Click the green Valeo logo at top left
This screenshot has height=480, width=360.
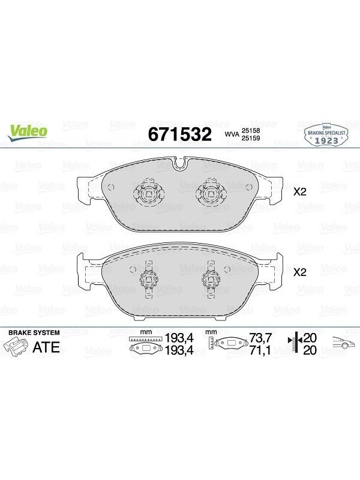28,133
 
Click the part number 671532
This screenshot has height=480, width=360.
179,134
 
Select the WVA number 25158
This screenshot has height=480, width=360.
251,131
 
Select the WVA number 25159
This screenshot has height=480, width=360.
251,138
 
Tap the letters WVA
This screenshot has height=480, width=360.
232,134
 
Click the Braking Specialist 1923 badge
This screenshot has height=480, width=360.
326,135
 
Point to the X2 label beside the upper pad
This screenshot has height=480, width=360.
299,192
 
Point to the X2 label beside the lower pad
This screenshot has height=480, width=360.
299,272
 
